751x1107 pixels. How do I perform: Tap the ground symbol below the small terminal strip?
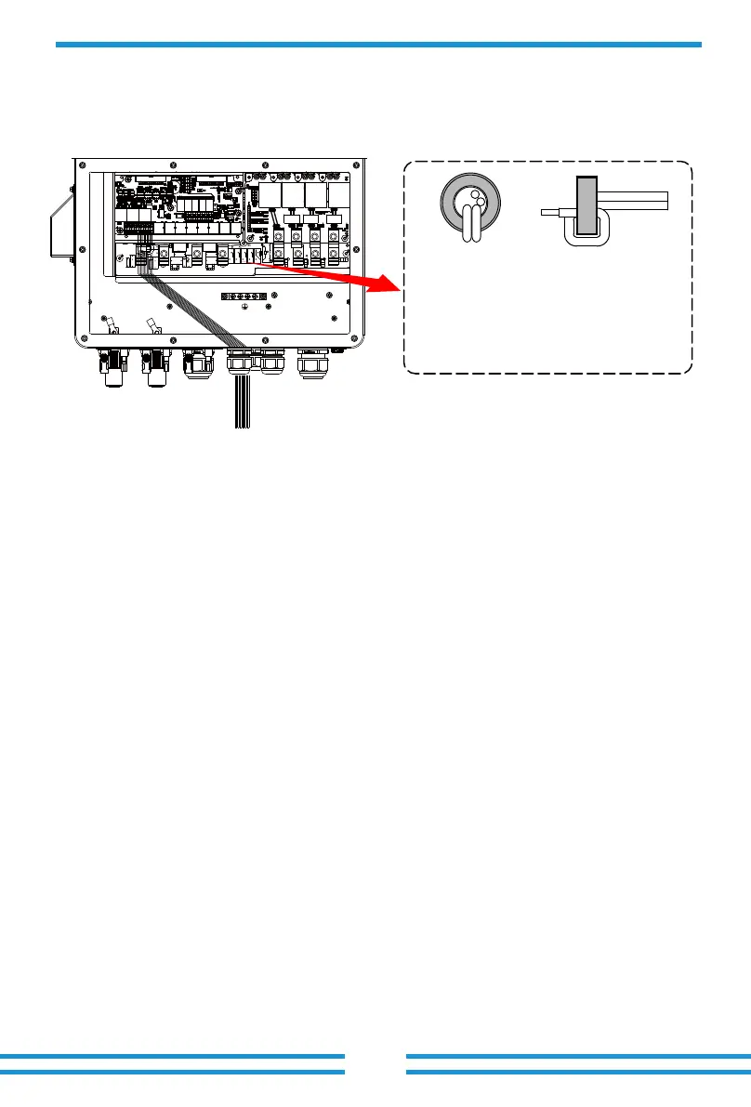(x=244, y=306)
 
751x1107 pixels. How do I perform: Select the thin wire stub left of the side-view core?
(x=555, y=212)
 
